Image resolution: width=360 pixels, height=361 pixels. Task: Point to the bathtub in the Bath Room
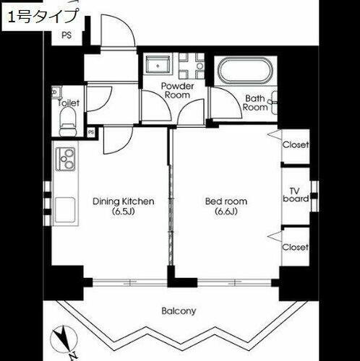[245, 72]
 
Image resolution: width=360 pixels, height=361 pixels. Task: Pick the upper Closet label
[295, 145]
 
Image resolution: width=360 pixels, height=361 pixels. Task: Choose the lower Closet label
[295, 247]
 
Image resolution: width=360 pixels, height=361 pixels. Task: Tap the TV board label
[295, 194]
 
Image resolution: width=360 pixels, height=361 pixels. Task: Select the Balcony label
[178, 311]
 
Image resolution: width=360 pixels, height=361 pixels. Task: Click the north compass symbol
[64, 340]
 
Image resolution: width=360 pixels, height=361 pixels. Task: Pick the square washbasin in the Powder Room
[157, 66]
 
